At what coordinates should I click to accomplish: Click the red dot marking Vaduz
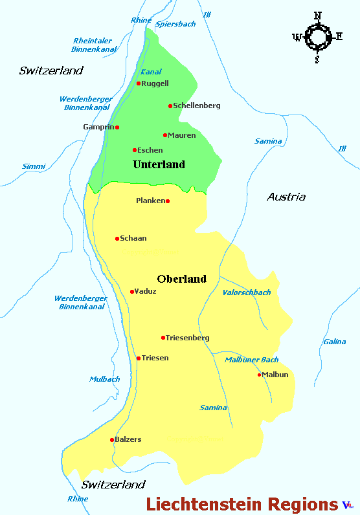pyautogui.click(x=132, y=292)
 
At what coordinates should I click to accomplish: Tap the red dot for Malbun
pyautogui.click(x=260, y=375)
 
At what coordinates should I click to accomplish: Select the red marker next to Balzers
pyautogui.click(x=112, y=440)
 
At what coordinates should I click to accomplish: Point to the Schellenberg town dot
pyautogui.click(x=170, y=106)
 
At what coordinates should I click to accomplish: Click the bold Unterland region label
pyautogui.click(x=159, y=164)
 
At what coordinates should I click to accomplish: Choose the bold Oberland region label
pyautogui.click(x=181, y=279)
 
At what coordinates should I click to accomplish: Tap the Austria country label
pyautogui.click(x=286, y=197)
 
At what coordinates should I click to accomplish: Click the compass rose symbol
pyautogui.click(x=317, y=37)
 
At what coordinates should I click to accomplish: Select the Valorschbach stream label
pyautogui.click(x=246, y=292)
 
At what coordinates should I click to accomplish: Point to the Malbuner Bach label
pyautogui.click(x=251, y=360)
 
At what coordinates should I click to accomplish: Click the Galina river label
pyautogui.click(x=334, y=342)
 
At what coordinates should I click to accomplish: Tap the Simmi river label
pyautogui.click(x=34, y=166)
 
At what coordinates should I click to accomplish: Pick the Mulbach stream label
pyautogui.click(x=104, y=379)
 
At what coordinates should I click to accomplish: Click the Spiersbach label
pyautogui.click(x=175, y=24)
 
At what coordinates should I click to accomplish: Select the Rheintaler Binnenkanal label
pyautogui.click(x=95, y=45)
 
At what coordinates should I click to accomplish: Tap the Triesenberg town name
pyautogui.click(x=188, y=338)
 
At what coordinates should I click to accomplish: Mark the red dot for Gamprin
pyautogui.click(x=117, y=127)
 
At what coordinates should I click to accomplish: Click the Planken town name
pyautogui.click(x=150, y=201)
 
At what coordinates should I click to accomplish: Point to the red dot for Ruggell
pyautogui.click(x=139, y=83)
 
